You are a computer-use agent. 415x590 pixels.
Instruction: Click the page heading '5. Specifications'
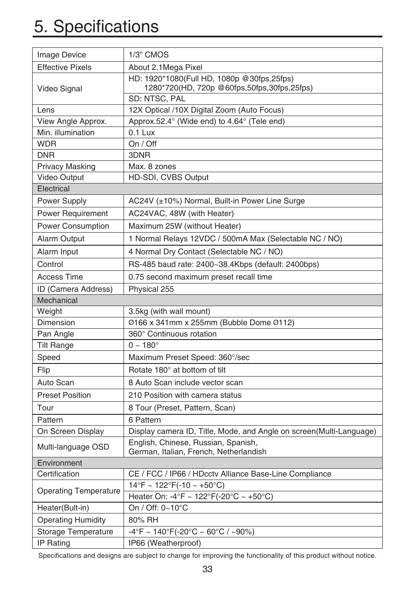coord(96,27)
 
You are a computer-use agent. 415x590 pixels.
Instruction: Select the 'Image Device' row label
coord(61,55)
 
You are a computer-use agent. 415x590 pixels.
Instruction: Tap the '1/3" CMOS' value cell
coord(148,55)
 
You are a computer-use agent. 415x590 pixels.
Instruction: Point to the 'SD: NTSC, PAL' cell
coord(157,99)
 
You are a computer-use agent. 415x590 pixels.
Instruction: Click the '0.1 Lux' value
coord(141,133)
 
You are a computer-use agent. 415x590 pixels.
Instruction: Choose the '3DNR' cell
coord(139,155)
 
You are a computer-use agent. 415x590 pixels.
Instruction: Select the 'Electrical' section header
coord(53,189)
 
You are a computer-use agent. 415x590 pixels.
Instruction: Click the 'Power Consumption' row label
coord(73,226)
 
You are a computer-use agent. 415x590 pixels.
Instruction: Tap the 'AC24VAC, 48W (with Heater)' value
coord(181,213)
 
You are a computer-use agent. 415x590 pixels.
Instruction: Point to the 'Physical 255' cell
coord(151,289)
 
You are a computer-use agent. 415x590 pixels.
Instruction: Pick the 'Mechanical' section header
coord(57,300)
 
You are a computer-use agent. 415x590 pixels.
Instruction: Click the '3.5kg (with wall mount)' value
coord(169,311)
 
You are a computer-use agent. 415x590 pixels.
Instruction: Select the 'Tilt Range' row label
coord(55,345)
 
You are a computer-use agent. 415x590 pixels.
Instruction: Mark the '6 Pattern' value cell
coord(144,420)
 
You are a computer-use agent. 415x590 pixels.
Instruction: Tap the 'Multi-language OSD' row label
coord(73,447)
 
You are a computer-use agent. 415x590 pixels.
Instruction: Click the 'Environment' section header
coord(60,463)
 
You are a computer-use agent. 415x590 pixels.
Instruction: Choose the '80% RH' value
coord(143,520)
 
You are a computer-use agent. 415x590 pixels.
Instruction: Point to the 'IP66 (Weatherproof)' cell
coord(164,543)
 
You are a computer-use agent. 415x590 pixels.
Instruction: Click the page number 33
coord(207,570)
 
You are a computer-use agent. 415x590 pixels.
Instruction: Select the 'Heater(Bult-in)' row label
coord(63,508)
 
